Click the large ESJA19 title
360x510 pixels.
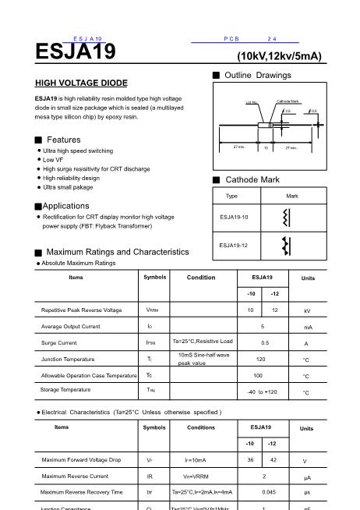coord(75,52)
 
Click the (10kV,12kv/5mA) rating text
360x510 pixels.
coord(279,56)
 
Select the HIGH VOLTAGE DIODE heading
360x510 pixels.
coord(81,83)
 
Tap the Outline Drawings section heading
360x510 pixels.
coord(257,76)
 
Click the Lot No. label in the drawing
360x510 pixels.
coord(251,102)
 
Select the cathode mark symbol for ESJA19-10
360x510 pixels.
coord(286,216)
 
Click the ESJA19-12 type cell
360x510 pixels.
coord(234,245)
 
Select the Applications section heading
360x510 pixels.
coord(65,206)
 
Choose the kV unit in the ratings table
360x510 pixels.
coord(307,310)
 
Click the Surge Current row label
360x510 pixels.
coord(58,342)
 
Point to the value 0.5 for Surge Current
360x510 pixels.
coord(265,342)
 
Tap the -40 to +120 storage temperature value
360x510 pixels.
coord(262,391)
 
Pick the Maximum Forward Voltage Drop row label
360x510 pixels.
coord(81,460)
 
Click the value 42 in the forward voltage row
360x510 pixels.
coord(273,460)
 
